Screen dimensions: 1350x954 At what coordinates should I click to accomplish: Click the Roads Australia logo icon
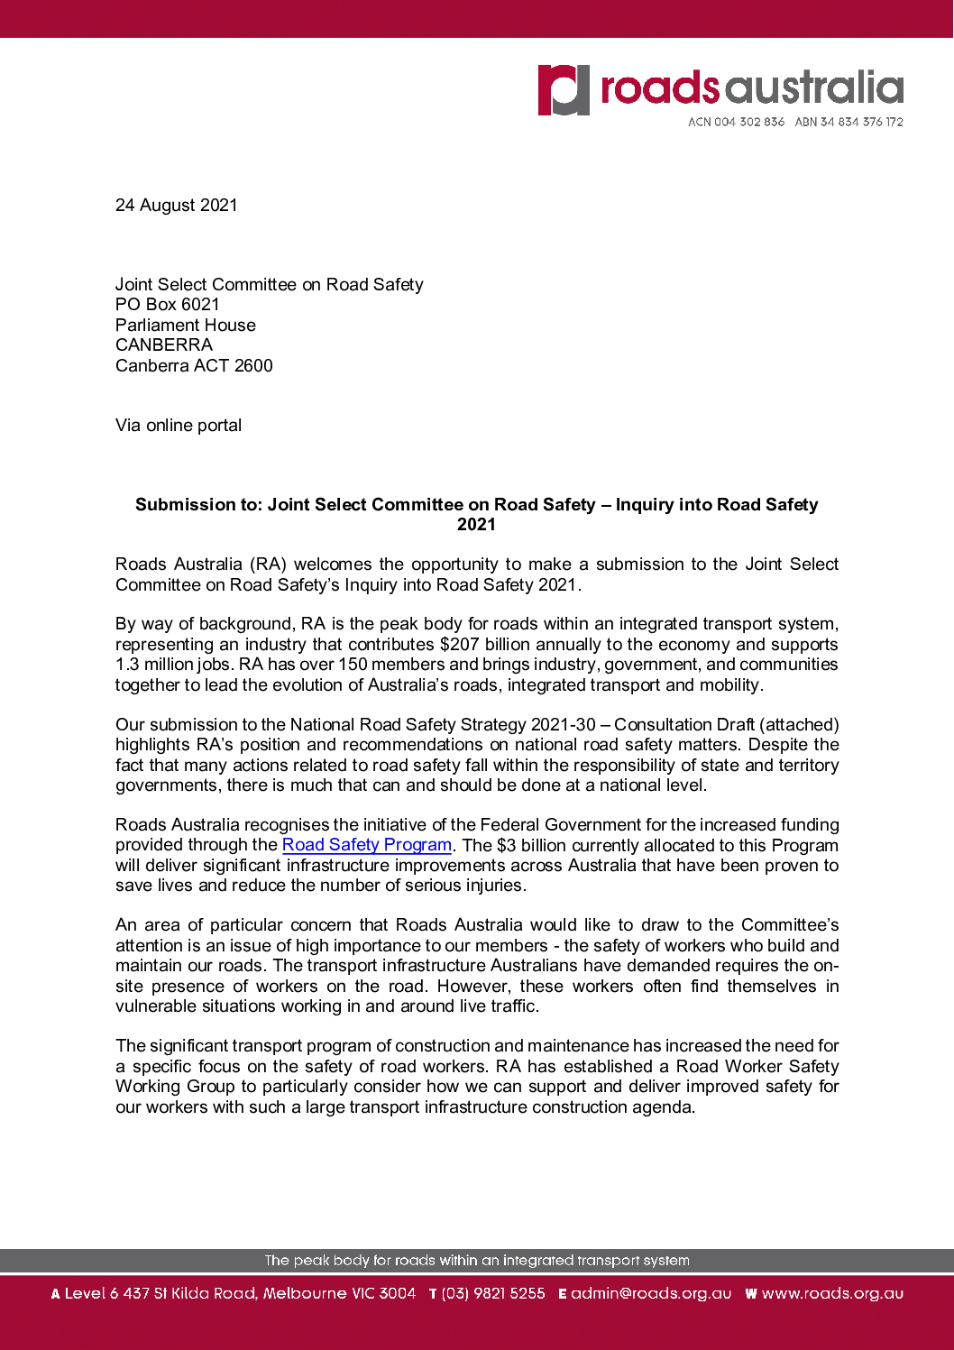coord(564,90)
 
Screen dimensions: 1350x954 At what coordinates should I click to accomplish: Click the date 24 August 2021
coord(177,206)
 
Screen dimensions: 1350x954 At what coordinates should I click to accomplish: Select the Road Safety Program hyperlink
coord(366,845)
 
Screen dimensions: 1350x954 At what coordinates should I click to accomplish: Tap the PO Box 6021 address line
coord(168,305)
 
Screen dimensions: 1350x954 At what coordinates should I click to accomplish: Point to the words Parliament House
coord(186,326)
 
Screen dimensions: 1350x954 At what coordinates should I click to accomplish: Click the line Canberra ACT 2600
coord(194,366)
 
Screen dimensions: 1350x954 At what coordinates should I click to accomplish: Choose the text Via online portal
coord(179,426)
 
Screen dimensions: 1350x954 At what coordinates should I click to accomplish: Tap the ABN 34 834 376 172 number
coord(849,122)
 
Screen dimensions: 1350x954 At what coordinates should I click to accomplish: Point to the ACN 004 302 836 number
coord(736,122)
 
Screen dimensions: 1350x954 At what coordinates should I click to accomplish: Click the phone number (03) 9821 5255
coord(492,1294)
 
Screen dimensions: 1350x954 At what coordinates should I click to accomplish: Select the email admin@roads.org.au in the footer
coord(650,1294)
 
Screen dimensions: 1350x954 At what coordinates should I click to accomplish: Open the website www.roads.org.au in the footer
coord(831,1294)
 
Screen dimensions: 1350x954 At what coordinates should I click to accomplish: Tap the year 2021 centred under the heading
coord(476,525)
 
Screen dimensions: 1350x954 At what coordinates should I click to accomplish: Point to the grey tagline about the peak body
coord(476,1261)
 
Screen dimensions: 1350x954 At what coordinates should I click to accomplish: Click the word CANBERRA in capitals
coord(164,345)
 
